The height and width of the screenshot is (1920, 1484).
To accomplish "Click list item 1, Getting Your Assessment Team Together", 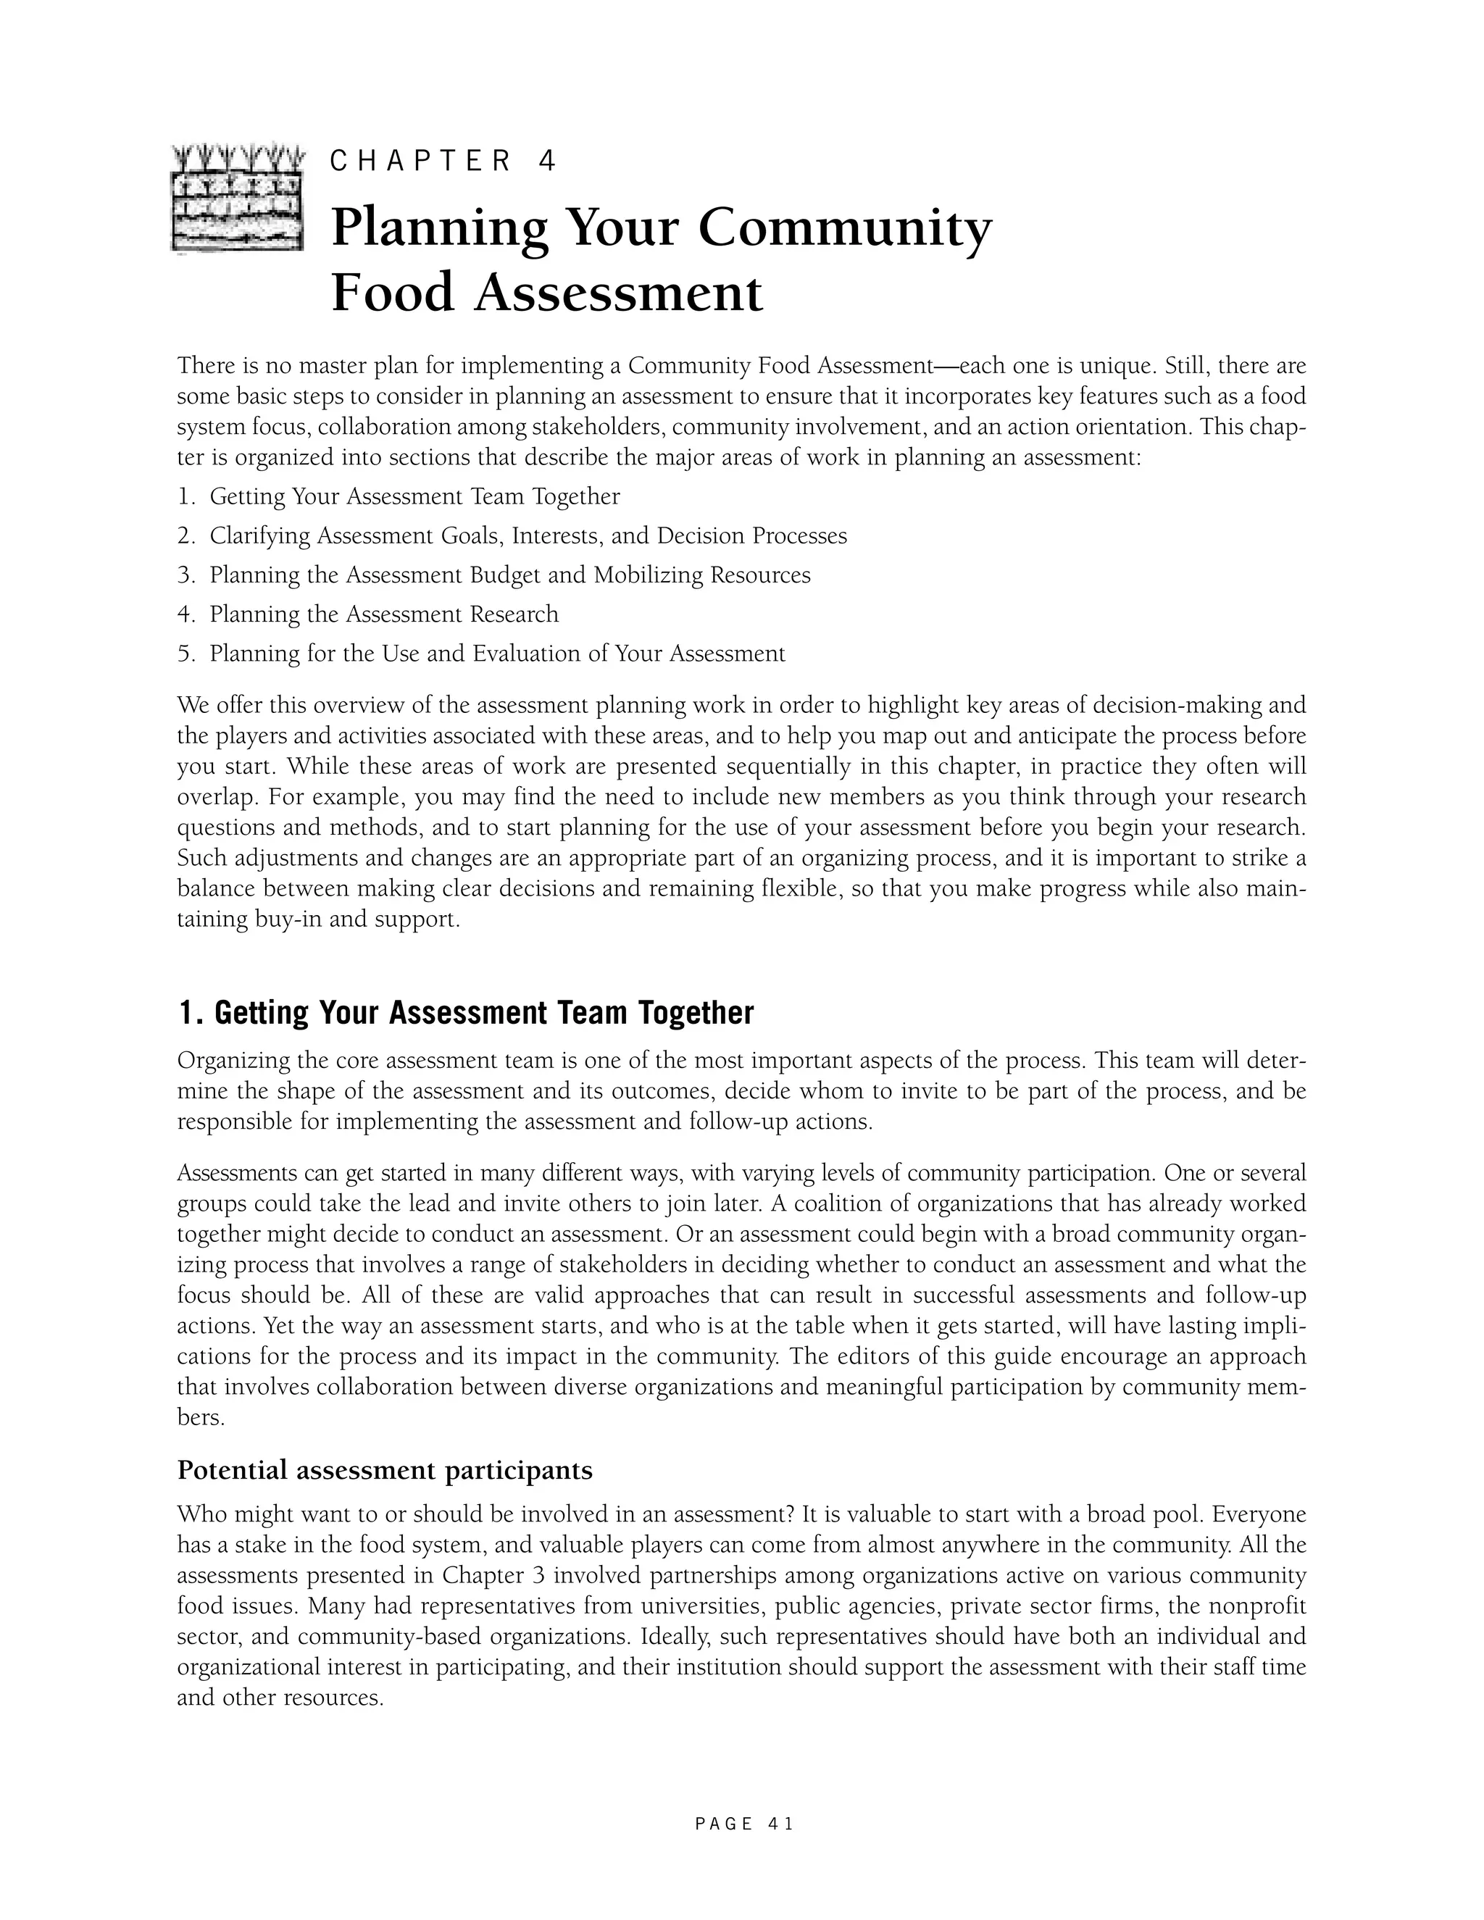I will [414, 497].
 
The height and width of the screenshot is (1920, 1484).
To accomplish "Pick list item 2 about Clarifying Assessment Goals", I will [528, 536].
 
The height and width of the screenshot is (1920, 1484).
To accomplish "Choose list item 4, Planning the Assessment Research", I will [383, 614].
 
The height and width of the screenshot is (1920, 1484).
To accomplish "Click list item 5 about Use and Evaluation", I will [496, 654].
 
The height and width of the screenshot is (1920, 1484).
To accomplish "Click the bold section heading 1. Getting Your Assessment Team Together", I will [466, 1013].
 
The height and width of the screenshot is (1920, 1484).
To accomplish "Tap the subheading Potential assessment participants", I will [385, 1470].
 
